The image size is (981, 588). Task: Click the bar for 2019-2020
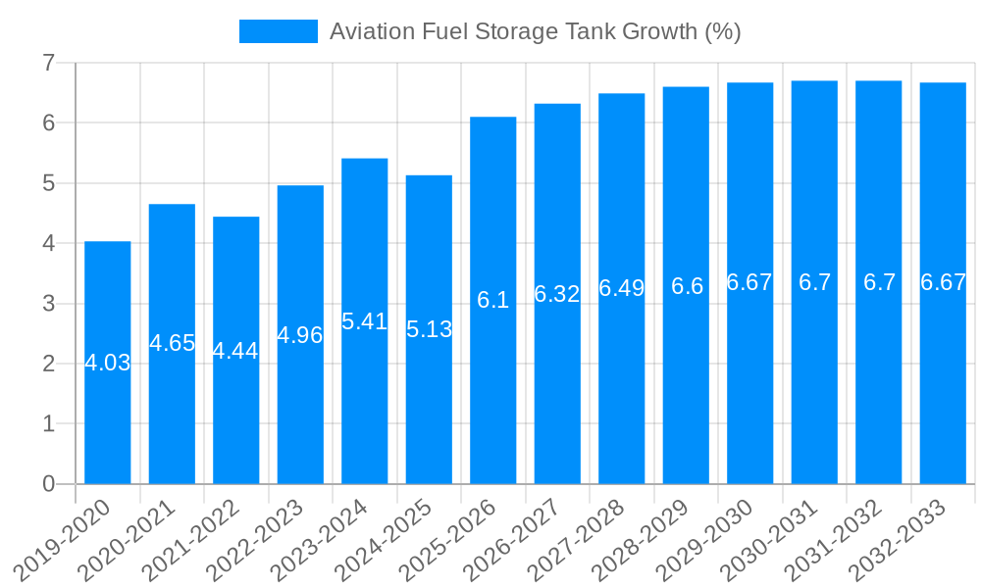click(108, 363)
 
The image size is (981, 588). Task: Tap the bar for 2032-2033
click(943, 283)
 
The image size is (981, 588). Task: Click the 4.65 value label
click(172, 343)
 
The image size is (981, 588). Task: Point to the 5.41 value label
click(365, 321)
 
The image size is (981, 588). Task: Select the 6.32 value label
click(557, 294)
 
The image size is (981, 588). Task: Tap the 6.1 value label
click(493, 300)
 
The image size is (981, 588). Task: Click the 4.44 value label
click(236, 351)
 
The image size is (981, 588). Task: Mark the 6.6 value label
click(687, 286)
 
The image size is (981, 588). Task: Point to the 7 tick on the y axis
click(48, 63)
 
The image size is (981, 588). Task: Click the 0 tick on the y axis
click(48, 484)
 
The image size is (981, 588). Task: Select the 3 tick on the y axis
click(48, 304)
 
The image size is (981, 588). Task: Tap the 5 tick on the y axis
click(48, 183)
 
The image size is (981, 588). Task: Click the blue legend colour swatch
click(279, 31)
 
